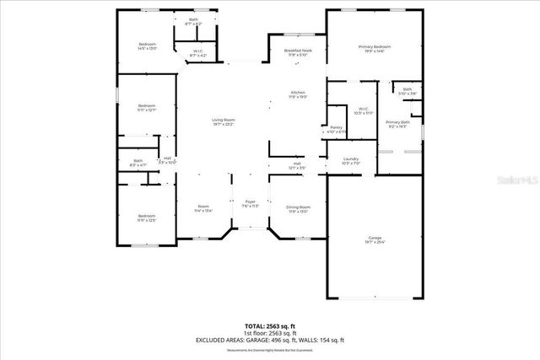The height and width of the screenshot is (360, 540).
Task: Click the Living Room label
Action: coord(224,121)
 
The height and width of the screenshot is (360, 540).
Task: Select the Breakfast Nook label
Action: coord(298,52)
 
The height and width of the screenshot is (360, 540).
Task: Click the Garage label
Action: coord(375,240)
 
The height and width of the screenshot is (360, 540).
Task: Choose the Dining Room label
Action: coord(298,208)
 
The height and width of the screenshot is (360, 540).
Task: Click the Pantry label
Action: coord(336,129)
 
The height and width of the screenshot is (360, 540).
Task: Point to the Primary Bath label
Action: coord(397,124)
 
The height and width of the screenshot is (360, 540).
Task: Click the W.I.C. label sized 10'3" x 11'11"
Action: coord(363,110)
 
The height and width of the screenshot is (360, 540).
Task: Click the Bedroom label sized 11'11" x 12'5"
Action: coord(147,218)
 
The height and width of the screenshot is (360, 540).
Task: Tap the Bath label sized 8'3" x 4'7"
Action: coord(138,162)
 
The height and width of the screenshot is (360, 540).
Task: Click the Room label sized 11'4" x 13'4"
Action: coord(203,208)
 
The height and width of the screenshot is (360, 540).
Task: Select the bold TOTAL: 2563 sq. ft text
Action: coord(271,325)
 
